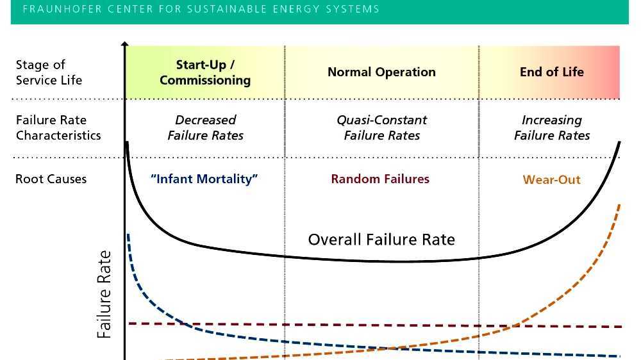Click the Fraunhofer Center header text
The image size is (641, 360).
tap(201, 9)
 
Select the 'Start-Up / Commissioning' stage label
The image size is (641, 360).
tap(205, 72)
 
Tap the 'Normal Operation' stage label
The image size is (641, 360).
tap(381, 72)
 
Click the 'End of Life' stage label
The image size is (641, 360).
tap(551, 72)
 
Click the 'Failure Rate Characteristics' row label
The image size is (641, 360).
tap(58, 127)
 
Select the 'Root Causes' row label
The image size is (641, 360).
tap(51, 179)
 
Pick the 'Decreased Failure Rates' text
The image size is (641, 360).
tap(205, 127)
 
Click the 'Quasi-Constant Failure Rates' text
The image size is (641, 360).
tap(381, 127)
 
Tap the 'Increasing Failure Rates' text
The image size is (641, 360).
tap(551, 127)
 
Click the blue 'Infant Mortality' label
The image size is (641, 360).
tap(204, 179)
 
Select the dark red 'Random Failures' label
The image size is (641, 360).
tap(380, 179)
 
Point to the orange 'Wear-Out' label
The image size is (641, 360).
tap(551, 179)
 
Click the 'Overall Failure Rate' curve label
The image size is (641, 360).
tap(381, 240)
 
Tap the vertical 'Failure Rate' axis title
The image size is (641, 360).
tap(104, 295)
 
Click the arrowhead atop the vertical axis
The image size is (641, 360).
tap(125, 45)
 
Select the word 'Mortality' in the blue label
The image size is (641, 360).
tap(229, 179)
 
